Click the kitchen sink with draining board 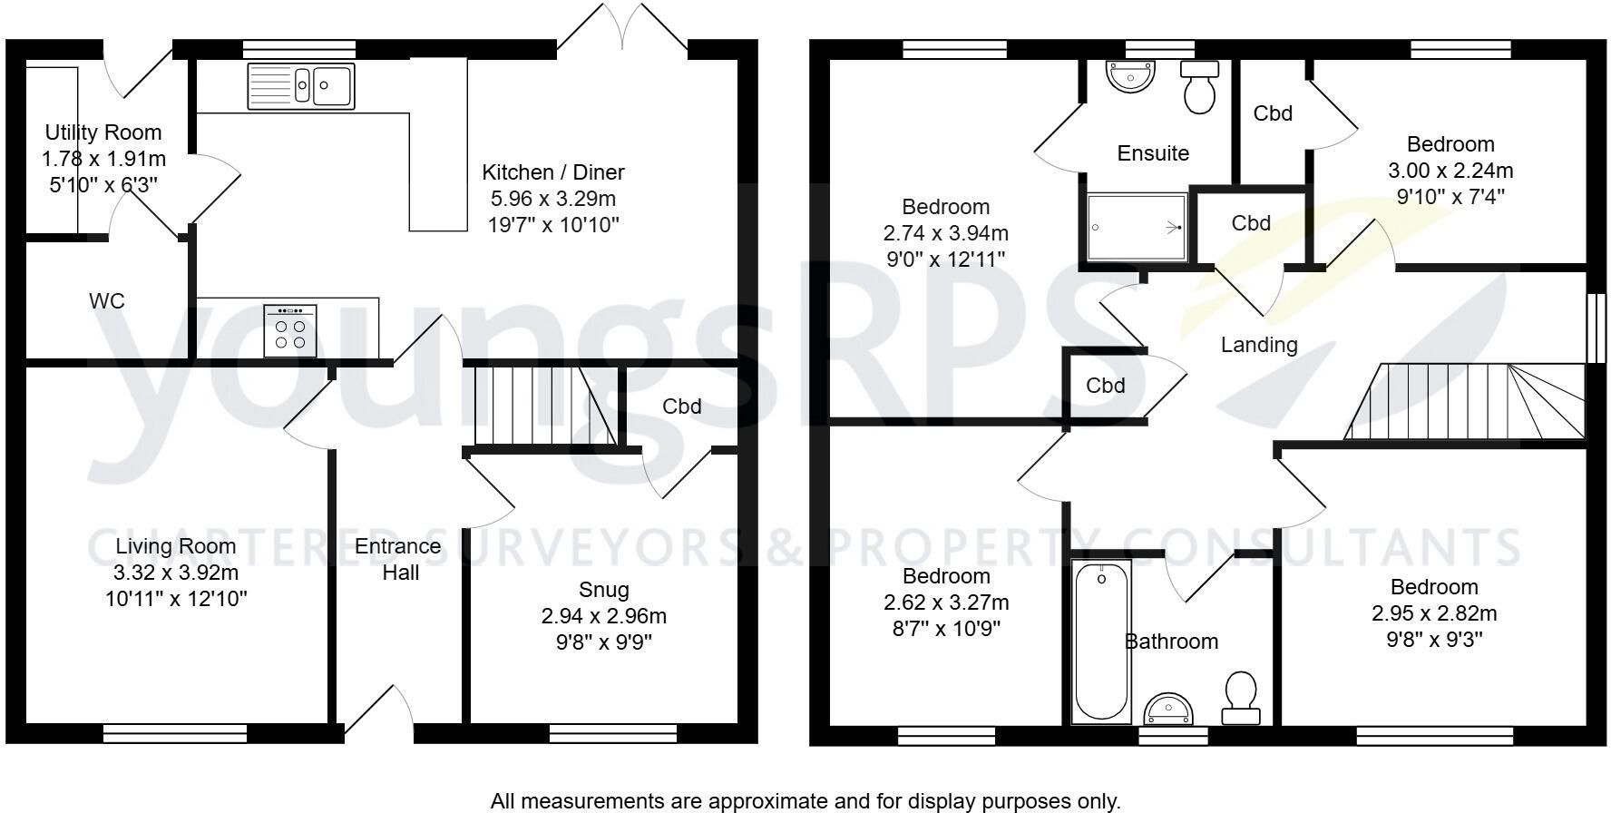tap(301, 85)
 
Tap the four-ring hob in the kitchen tap(290, 330)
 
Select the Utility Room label tap(103, 132)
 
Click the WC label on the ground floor tap(107, 301)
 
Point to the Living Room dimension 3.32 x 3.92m tap(176, 573)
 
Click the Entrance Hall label tap(398, 559)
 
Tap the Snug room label tap(604, 590)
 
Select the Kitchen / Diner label tap(553, 172)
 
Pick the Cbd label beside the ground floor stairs tap(682, 406)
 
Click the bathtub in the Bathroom tap(1102, 642)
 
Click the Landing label tap(1259, 345)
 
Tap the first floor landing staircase tap(1464, 402)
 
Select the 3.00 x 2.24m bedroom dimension tap(1450, 171)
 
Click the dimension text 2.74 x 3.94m tap(946, 233)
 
